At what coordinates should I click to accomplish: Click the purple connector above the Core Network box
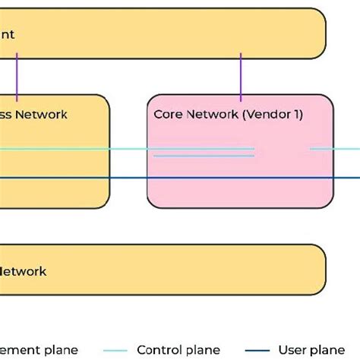click(x=241, y=77)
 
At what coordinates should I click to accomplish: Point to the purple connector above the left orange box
click(x=16, y=77)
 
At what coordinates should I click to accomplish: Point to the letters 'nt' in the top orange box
click(x=7, y=34)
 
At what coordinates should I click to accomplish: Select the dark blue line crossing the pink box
click(x=239, y=178)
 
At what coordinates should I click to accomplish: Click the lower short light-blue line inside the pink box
click(x=204, y=156)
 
